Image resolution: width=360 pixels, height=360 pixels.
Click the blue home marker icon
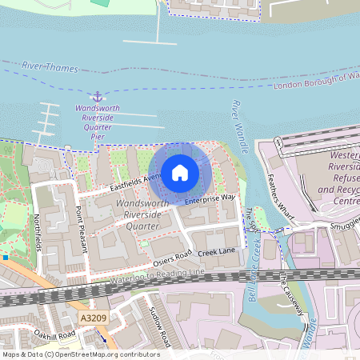click(x=180, y=172)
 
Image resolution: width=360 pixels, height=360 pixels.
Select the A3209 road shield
click(x=92, y=318)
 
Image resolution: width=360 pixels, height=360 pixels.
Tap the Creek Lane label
click(x=216, y=252)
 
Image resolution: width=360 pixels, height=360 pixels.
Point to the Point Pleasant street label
click(x=80, y=228)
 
